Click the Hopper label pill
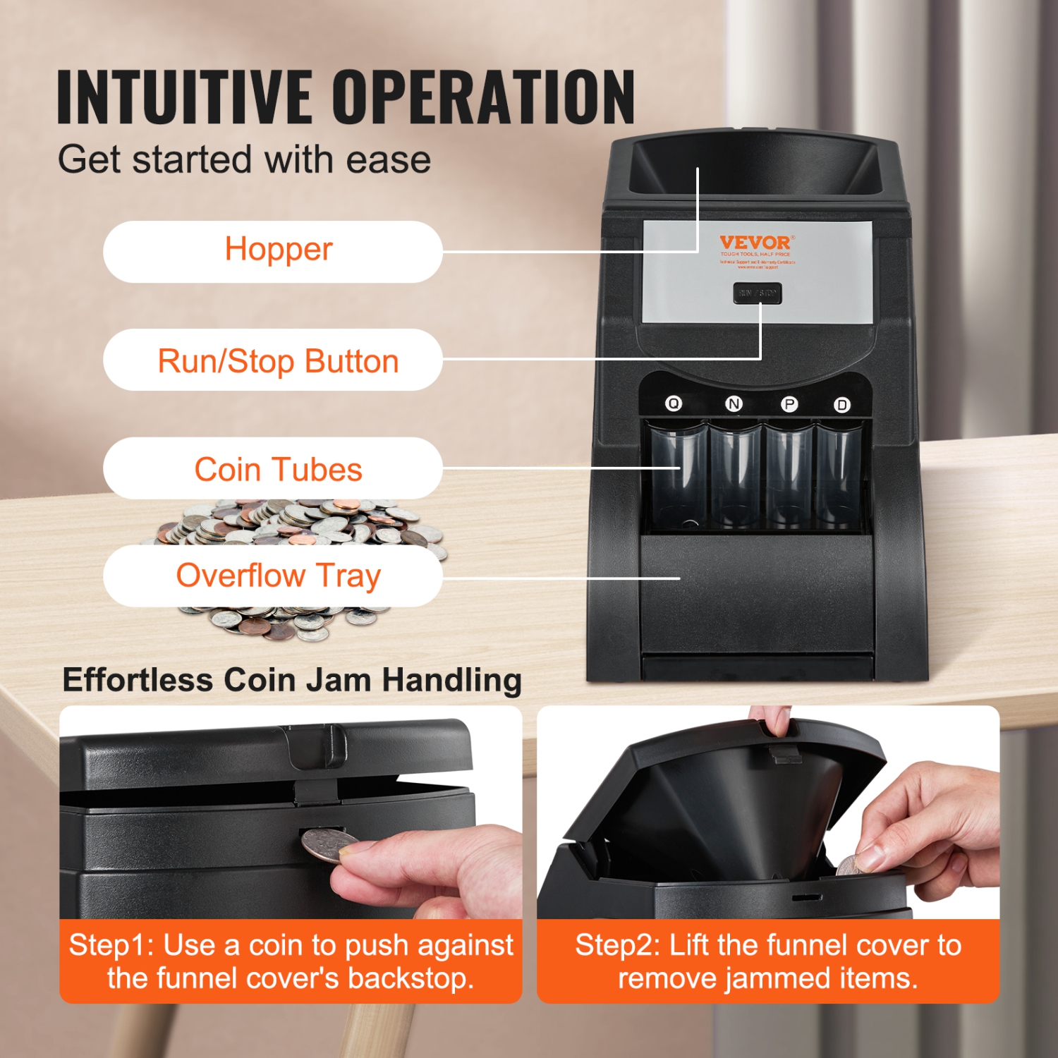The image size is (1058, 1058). coord(273,251)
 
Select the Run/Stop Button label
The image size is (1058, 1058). coord(273,360)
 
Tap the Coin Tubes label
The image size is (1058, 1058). coord(273,468)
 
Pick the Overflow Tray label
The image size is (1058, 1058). coord(273,576)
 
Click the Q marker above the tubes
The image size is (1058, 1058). coord(674,403)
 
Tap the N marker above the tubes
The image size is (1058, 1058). coord(734,404)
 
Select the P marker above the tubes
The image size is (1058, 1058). coord(789,404)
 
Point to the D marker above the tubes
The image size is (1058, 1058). coord(841,405)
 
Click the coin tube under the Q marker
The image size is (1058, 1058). coord(679,476)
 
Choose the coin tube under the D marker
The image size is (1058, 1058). coord(839,476)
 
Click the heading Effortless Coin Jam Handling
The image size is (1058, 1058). coord(292,680)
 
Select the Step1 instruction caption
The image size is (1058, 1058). coord(291,961)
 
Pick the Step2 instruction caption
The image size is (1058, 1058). coord(768,961)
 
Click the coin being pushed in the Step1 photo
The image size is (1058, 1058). coord(329,845)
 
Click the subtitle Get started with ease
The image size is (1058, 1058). coord(244,159)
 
